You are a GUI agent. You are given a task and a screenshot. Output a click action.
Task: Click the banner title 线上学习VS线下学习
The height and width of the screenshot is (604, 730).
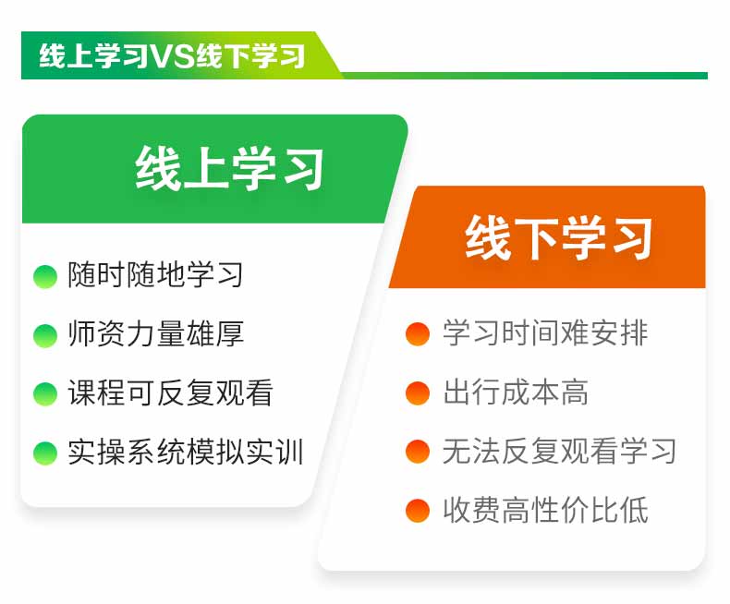[172, 55]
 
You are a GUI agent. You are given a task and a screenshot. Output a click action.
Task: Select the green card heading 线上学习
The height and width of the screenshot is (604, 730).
[229, 168]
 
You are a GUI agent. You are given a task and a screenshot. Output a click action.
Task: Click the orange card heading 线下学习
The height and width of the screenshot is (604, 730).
[558, 237]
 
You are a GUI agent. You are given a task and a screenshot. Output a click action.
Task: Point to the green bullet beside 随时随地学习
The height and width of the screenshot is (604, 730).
[45, 276]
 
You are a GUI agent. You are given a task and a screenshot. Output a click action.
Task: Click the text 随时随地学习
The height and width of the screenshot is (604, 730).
[155, 274]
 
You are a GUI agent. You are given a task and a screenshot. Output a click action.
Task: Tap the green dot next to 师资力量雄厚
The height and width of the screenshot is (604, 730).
[45, 335]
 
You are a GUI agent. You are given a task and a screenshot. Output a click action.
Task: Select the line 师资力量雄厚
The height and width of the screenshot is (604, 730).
[155, 333]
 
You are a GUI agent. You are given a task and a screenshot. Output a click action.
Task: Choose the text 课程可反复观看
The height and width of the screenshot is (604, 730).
[170, 393]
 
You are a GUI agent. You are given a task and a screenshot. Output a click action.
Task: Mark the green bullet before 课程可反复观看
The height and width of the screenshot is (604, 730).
[45, 394]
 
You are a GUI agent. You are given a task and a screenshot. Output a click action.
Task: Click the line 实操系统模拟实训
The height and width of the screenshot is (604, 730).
[186, 452]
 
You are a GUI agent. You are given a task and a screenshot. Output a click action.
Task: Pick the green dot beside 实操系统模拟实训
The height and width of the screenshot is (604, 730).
[45, 453]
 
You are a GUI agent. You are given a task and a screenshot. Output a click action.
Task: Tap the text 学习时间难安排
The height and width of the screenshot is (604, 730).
[545, 332]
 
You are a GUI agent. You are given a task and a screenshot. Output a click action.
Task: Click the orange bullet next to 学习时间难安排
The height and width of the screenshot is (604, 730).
[418, 334]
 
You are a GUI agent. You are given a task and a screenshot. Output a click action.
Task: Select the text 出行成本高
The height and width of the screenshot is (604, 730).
[516, 392]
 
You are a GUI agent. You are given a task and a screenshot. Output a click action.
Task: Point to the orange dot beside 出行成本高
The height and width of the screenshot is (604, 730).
[418, 393]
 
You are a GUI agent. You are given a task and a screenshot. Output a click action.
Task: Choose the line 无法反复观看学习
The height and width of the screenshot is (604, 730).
[560, 451]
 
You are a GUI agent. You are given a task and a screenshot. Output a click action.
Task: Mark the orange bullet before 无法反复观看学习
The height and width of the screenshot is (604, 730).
[418, 452]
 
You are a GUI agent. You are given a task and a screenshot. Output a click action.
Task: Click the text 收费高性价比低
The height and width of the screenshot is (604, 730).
[545, 510]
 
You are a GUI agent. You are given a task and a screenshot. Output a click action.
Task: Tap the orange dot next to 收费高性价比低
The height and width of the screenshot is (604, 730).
[418, 511]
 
